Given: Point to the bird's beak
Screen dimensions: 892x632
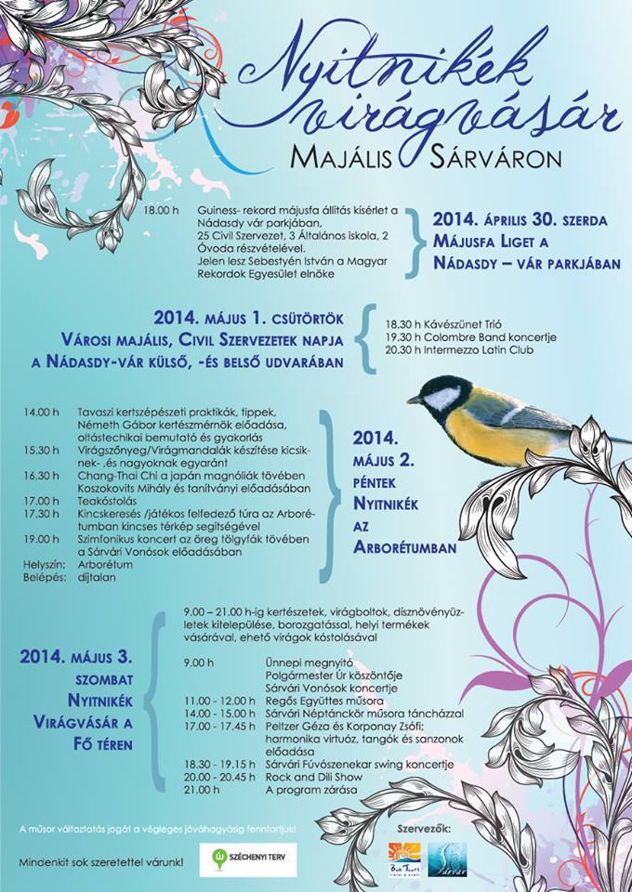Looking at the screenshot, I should click(x=412, y=400).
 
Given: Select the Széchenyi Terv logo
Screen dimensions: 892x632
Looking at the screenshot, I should click(x=248, y=859).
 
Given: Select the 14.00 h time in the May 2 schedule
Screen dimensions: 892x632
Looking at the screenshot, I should click(x=42, y=412).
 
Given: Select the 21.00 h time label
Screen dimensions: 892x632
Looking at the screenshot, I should click(x=202, y=790).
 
